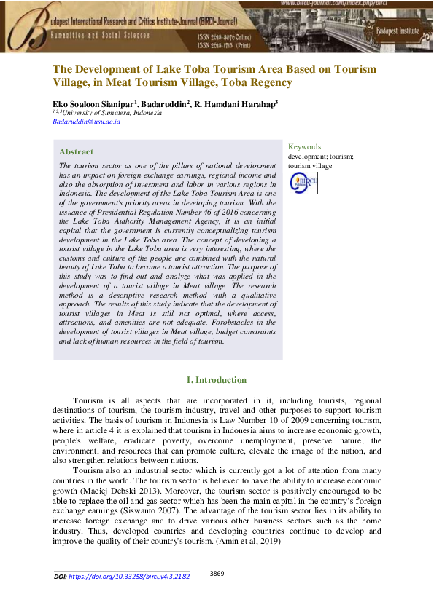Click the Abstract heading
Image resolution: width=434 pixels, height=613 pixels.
(76, 151)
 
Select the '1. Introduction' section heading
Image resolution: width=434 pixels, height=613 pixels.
(217, 380)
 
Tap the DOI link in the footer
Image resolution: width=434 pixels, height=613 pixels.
(129, 576)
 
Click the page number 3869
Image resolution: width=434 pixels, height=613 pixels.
(217, 574)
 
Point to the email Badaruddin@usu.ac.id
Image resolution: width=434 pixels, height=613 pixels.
(86, 122)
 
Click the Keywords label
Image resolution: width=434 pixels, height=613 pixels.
(304, 146)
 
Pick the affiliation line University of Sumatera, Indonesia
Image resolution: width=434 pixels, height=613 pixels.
(109, 113)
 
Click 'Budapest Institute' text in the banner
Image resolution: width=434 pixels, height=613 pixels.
(399, 31)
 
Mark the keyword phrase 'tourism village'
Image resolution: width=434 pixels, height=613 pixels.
(310, 166)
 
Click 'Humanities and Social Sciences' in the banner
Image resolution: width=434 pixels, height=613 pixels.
(99, 35)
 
